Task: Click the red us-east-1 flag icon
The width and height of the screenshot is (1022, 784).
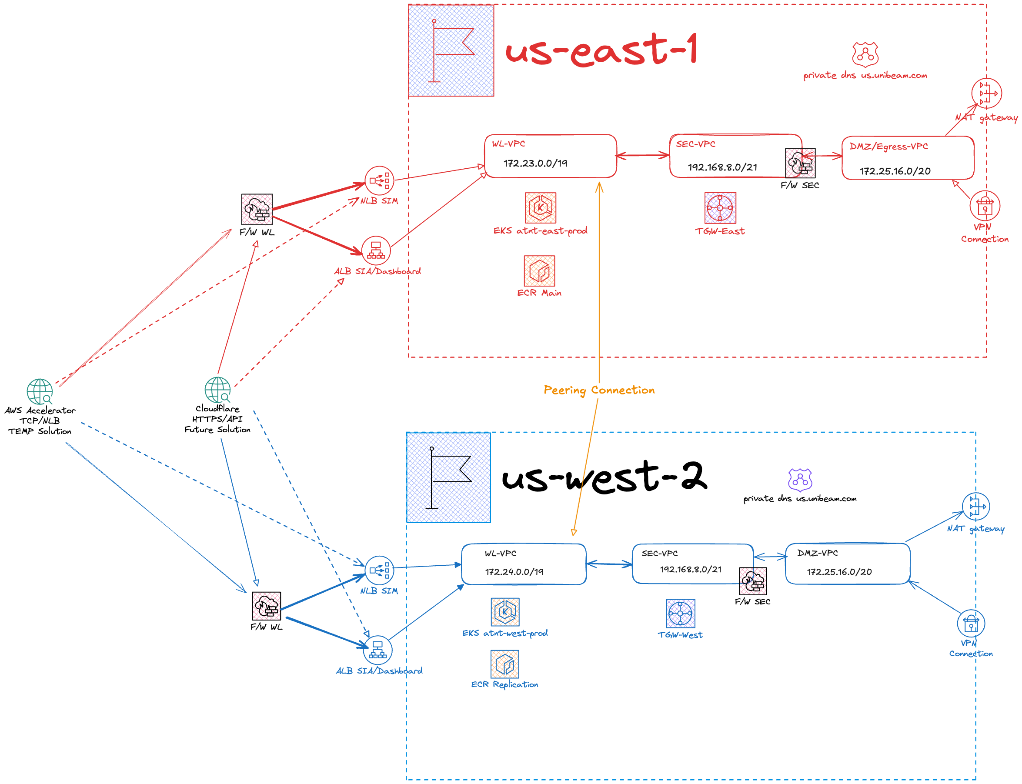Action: [x=451, y=50]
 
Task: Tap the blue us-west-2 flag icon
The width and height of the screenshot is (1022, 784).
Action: [x=448, y=477]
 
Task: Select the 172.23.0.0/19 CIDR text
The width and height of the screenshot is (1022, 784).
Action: [x=535, y=163]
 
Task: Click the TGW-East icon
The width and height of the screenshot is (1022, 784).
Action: [x=720, y=208]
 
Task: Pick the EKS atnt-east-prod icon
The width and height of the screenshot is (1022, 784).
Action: [x=540, y=208]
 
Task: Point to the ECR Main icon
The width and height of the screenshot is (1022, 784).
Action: [x=539, y=270]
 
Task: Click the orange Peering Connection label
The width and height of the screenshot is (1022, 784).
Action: [x=599, y=390]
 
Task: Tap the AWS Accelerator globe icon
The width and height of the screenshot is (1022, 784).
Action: [x=40, y=391]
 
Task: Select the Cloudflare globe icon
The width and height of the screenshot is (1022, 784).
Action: [x=217, y=390]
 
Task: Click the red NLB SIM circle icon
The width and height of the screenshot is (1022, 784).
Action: [x=379, y=180]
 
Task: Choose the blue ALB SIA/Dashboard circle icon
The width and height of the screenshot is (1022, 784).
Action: [x=377, y=650]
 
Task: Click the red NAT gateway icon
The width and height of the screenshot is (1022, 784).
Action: [x=986, y=93]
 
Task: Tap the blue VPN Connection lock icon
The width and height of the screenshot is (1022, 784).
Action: [x=971, y=624]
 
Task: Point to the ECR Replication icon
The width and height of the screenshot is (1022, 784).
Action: [x=504, y=664]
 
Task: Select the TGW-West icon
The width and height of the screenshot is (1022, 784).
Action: [x=681, y=613]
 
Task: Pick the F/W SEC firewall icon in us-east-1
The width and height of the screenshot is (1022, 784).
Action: [x=800, y=163]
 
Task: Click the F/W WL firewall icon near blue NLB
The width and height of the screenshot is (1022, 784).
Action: [x=267, y=606]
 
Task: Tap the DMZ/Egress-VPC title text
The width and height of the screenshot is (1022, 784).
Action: [x=888, y=147]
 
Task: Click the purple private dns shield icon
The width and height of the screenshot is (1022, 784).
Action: [x=800, y=480]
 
